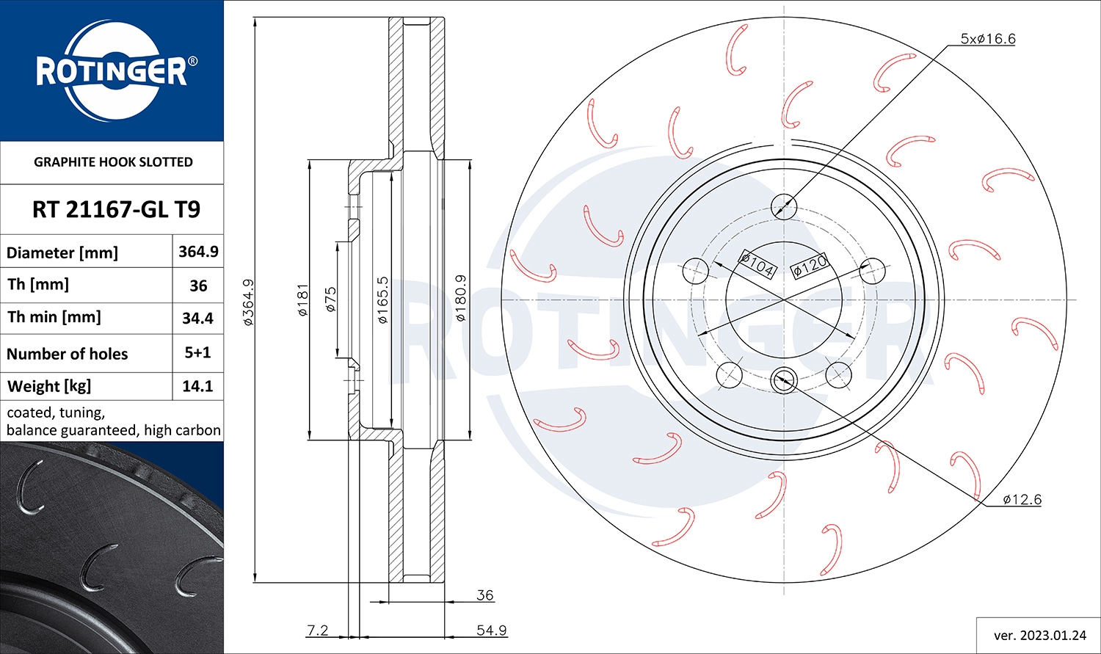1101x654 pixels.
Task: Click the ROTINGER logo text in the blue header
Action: click(112, 72)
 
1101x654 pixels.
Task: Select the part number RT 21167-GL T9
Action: click(116, 210)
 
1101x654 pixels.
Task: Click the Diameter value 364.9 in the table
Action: click(198, 252)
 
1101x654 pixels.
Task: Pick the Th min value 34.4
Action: click(197, 318)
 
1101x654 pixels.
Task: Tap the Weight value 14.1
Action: click(197, 386)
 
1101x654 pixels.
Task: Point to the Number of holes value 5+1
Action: click(197, 353)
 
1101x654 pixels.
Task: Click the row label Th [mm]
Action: click(38, 285)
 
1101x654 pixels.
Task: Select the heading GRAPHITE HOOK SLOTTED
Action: click(113, 162)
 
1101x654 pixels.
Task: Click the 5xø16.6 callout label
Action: click(988, 39)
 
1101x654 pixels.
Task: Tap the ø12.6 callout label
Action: click(1022, 500)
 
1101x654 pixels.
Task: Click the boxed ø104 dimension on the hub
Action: click(757, 264)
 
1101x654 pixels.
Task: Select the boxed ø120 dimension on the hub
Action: click(810, 266)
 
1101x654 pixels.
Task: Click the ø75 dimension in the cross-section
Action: click(330, 299)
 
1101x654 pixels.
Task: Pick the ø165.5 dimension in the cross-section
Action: click(382, 299)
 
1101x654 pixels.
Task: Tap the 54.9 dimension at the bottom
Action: click(491, 630)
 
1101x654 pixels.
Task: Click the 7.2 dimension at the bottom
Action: click(317, 630)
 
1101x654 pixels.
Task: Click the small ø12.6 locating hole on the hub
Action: click(783, 380)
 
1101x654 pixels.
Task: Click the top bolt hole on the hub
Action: click(784, 206)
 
